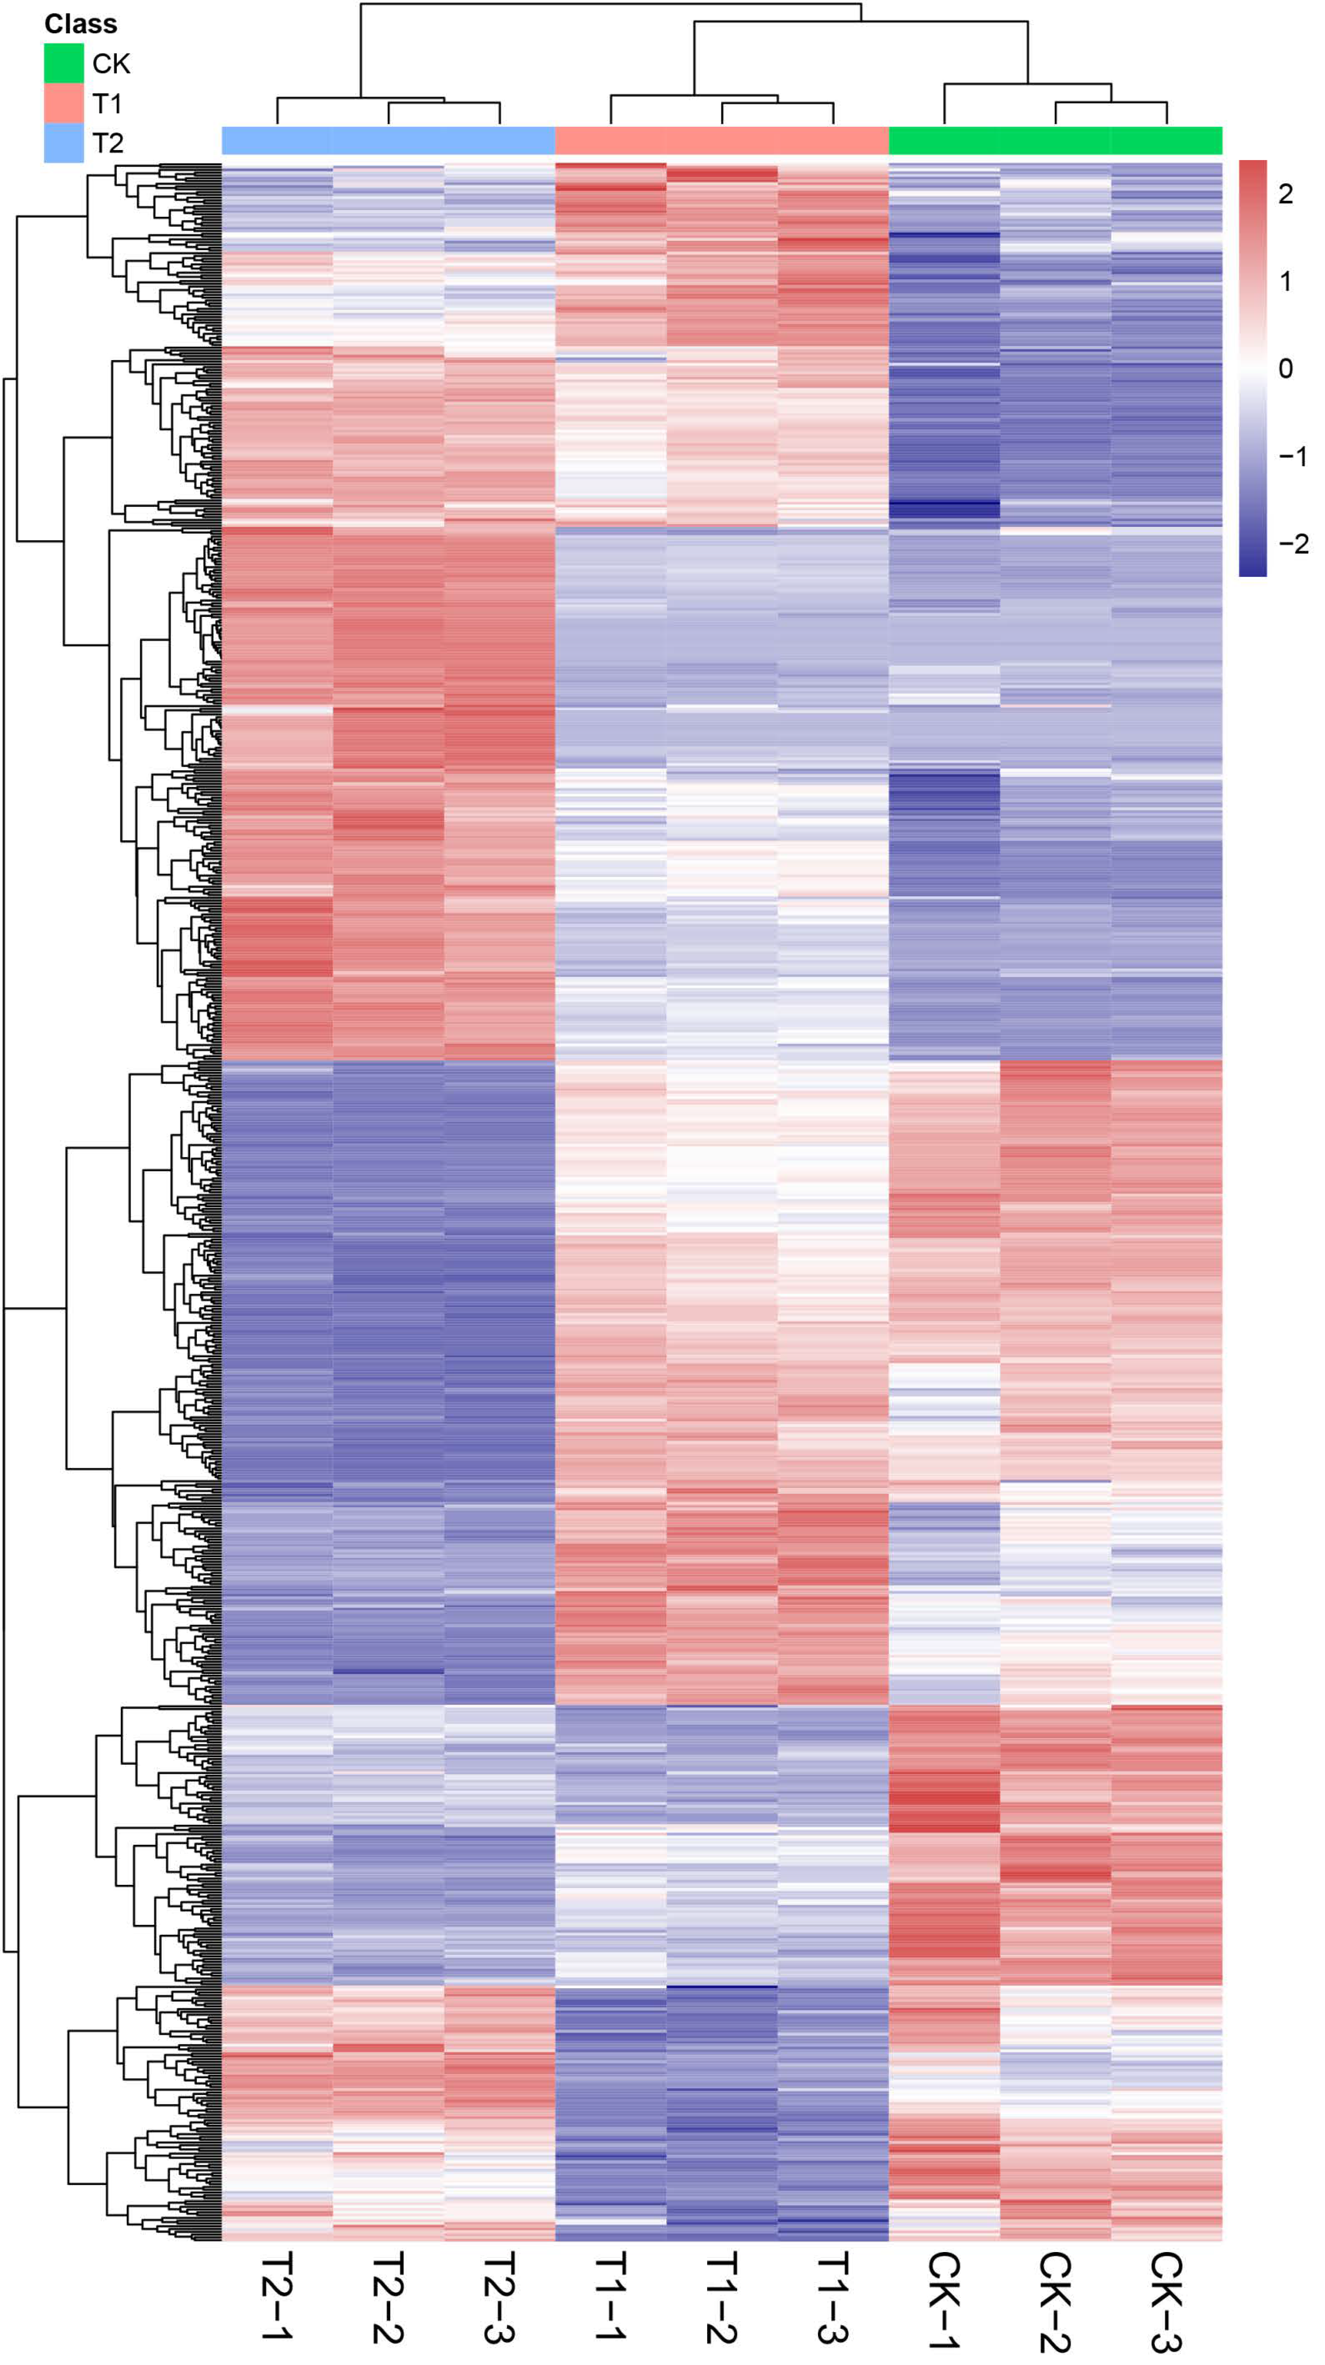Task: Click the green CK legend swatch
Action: [x=63, y=63]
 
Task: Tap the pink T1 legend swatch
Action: [x=63, y=103]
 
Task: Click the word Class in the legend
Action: [x=81, y=24]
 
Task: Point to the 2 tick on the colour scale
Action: [x=1285, y=194]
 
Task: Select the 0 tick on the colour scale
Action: [x=1285, y=368]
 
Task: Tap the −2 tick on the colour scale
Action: [x=1293, y=544]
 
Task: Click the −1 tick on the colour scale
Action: [x=1293, y=456]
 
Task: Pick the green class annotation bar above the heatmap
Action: [x=1055, y=140]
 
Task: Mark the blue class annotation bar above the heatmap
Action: [x=389, y=140]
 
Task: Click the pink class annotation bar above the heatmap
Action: [x=722, y=140]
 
